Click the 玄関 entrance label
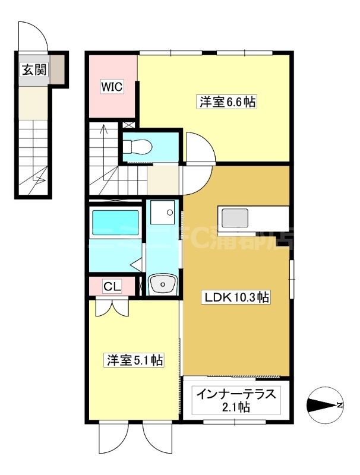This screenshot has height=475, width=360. point(34,70)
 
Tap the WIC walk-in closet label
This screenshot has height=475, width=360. point(111,87)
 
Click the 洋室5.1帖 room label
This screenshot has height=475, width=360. point(135,360)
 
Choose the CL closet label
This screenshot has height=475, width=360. point(112,287)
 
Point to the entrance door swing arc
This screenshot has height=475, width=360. point(33,37)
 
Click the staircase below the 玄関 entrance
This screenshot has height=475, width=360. point(33,154)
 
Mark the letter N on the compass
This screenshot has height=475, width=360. point(339,406)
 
